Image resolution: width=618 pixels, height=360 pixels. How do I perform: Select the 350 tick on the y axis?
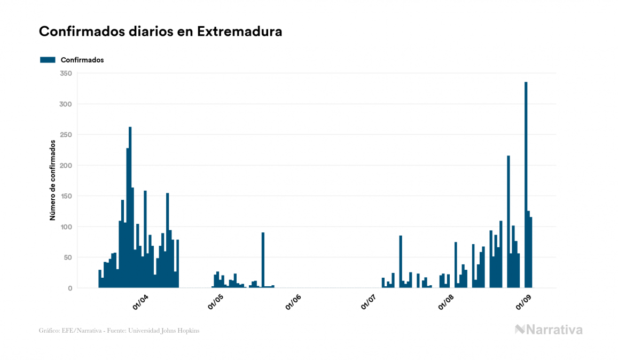click(66, 73)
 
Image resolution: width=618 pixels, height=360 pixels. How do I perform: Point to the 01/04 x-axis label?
click(141, 302)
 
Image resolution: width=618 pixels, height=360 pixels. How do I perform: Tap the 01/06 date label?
click(293, 302)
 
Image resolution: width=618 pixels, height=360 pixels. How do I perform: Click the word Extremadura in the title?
click(239, 32)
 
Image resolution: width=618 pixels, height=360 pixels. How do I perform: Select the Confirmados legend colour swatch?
click(48, 60)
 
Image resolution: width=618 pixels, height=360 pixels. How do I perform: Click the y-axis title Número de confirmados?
click(53, 180)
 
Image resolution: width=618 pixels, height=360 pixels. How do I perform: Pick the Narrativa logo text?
click(554, 330)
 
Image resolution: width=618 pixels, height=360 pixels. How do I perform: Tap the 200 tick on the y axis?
click(66, 165)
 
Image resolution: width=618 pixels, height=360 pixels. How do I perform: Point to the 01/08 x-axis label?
click(446, 302)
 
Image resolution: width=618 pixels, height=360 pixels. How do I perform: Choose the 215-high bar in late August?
click(509, 222)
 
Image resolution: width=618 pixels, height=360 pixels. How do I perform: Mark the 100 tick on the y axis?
click(66, 226)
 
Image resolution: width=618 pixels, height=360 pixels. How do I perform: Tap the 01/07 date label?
click(369, 302)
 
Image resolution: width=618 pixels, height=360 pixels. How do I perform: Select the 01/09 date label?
click(522, 302)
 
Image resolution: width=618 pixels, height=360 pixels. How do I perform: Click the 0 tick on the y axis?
click(69, 288)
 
